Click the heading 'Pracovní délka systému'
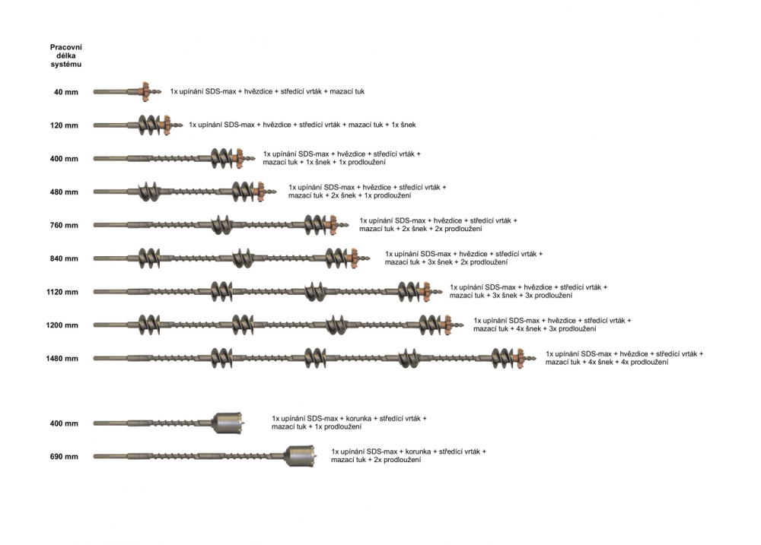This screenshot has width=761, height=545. [x=66, y=55]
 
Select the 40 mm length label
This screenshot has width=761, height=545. [x=66, y=92]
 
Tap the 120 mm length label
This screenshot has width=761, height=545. [x=64, y=125]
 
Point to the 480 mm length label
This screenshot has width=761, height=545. [x=64, y=192]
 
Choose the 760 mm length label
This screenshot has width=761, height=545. [x=64, y=226]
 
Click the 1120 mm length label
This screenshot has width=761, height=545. [x=62, y=292]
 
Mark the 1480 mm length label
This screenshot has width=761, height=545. [x=62, y=359]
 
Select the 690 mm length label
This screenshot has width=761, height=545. [x=64, y=457]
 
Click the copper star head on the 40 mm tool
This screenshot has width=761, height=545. [x=145, y=92]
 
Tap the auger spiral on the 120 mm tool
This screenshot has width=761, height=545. [x=151, y=125]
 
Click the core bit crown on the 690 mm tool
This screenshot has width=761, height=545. [x=299, y=456]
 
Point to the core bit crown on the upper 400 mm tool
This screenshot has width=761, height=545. [x=228, y=423]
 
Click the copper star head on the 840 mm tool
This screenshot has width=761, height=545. [x=353, y=258]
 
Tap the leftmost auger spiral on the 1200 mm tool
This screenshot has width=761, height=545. [x=149, y=325]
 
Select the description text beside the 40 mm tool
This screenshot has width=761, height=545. [x=267, y=92]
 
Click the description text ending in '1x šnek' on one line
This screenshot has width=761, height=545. [x=302, y=125]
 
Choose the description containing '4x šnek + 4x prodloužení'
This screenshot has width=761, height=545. [x=624, y=358]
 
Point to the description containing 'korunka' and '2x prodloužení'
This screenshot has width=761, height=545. [x=409, y=456]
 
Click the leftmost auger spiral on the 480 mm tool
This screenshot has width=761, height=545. [x=149, y=192]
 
